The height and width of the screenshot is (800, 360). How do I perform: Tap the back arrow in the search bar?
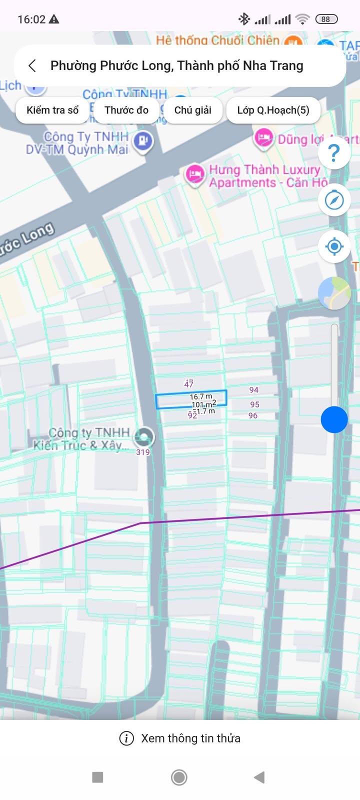pyautogui.click(x=32, y=66)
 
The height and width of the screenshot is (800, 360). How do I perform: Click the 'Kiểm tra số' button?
pyautogui.click(x=52, y=110)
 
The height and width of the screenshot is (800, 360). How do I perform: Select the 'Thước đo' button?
pyautogui.click(x=126, y=110)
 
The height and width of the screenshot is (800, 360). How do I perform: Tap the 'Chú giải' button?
pyautogui.click(x=192, y=110)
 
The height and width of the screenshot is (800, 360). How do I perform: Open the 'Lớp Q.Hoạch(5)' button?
pyautogui.click(x=273, y=110)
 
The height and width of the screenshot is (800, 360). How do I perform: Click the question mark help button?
pyautogui.click(x=334, y=152)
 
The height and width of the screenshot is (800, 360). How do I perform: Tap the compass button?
pyautogui.click(x=334, y=200)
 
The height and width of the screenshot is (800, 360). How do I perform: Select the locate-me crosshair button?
pyautogui.click(x=334, y=246)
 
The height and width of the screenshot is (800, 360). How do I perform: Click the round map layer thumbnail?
pyautogui.click(x=334, y=293)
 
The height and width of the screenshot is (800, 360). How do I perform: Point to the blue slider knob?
pyautogui.click(x=334, y=419)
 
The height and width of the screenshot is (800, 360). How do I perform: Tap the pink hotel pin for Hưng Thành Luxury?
pyautogui.click(x=194, y=174)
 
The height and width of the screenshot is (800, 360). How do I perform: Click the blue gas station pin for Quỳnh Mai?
pyautogui.click(x=143, y=141)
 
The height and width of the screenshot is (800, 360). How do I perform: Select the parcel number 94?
pyautogui.click(x=254, y=390)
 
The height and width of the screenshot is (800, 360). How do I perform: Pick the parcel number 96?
pyautogui.click(x=253, y=415)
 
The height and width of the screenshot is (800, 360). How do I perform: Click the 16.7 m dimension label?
pyautogui.click(x=200, y=396)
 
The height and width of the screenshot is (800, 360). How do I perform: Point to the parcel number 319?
pyautogui.click(x=143, y=452)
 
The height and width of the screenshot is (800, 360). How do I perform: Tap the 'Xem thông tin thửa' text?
pyautogui.click(x=190, y=738)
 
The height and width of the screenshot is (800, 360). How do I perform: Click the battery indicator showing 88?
pyautogui.click(x=326, y=19)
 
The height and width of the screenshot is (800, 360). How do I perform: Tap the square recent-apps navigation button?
pyautogui.click(x=98, y=777)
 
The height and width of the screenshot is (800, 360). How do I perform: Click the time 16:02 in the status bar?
pyautogui.click(x=31, y=19)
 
